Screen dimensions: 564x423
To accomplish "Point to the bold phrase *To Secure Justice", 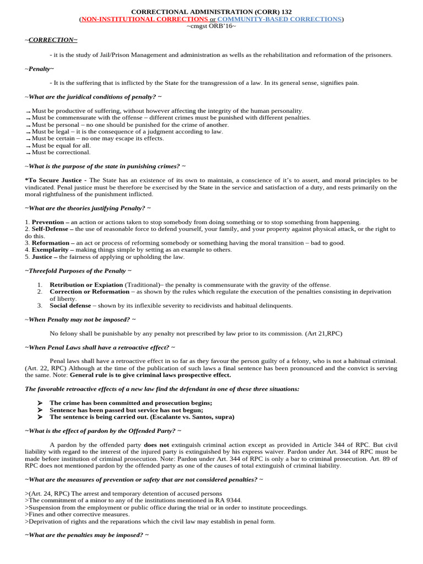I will (x=55, y=180).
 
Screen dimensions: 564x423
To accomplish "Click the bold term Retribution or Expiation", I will (x=86, y=285).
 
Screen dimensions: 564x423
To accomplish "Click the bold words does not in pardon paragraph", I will (x=156, y=444).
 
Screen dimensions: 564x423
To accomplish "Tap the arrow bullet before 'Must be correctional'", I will (x=28, y=153).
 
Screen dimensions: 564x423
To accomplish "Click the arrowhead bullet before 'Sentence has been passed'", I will (x=40, y=410).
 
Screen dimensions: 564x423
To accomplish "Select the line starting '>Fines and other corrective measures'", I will (x=69, y=514).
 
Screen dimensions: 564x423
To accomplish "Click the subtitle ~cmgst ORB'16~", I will (x=211, y=26).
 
